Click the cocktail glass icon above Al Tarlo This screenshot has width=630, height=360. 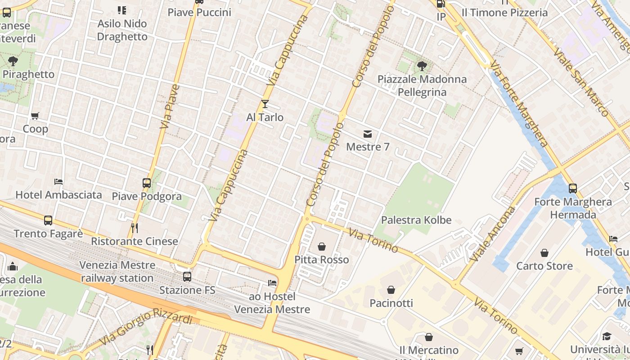click(265, 104)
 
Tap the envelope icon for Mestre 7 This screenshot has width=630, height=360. click(368, 134)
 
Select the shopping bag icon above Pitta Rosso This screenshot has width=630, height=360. click(322, 247)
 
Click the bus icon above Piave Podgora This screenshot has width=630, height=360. click(147, 183)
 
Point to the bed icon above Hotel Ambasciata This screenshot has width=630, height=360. click(58, 182)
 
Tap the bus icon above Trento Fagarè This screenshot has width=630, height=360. click(48, 220)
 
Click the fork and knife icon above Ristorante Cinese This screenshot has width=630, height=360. click(134, 228)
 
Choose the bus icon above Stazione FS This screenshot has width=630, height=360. click(187, 277)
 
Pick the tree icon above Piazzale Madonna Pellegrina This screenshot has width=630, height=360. click(422, 66)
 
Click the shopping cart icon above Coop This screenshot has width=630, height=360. click(35, 116)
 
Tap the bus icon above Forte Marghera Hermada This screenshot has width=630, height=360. click(572, 188)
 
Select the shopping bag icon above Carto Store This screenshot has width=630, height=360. click(544, 253)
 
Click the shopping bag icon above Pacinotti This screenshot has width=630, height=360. click(391, 290)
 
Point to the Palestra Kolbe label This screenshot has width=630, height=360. click(416, 220)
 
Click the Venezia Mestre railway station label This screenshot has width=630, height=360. click(118, 271)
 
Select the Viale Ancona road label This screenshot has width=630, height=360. click(493, 234)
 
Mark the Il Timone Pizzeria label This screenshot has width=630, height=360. click(505, 13)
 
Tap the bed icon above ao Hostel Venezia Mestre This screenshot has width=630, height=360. click(272, 283)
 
